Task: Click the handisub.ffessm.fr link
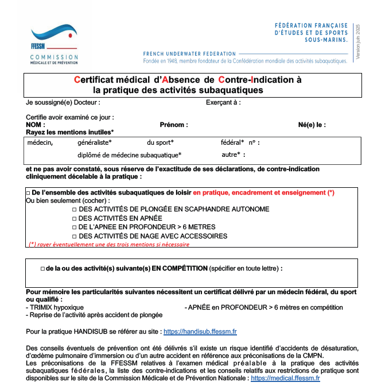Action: (x=200, y=331)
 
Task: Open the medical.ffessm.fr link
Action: (x=285, y=379)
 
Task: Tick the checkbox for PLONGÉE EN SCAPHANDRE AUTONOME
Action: (x=75, y=210)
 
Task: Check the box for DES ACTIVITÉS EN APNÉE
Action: (x=75, y=218)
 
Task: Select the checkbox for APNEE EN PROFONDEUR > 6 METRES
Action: (x=75, y=227)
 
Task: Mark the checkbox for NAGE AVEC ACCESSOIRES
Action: (x=75, y=236)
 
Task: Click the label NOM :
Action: (x=36, y=125)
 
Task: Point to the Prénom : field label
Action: (x=174, y=125)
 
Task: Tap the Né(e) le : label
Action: (x=312, y=125)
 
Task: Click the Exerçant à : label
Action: (x=223, y=103)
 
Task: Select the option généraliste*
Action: (x=95, y=142)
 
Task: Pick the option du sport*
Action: (x=160, y=142)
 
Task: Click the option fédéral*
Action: (x=232, y=142)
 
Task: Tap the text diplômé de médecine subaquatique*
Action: (x=130, y=155)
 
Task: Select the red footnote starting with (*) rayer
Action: (x=109, y=244)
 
